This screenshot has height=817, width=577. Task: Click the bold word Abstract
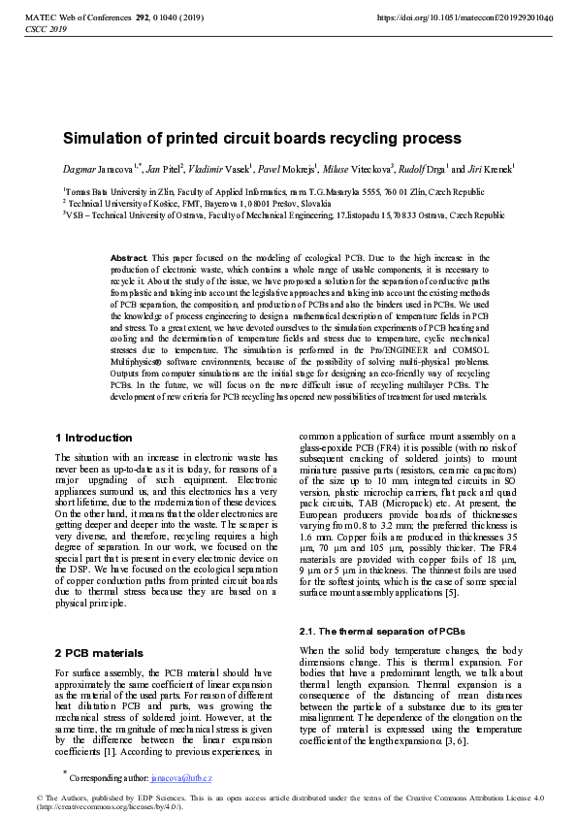[x=130, y=258]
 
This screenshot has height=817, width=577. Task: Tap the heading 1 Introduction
[x=94, y=438]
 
